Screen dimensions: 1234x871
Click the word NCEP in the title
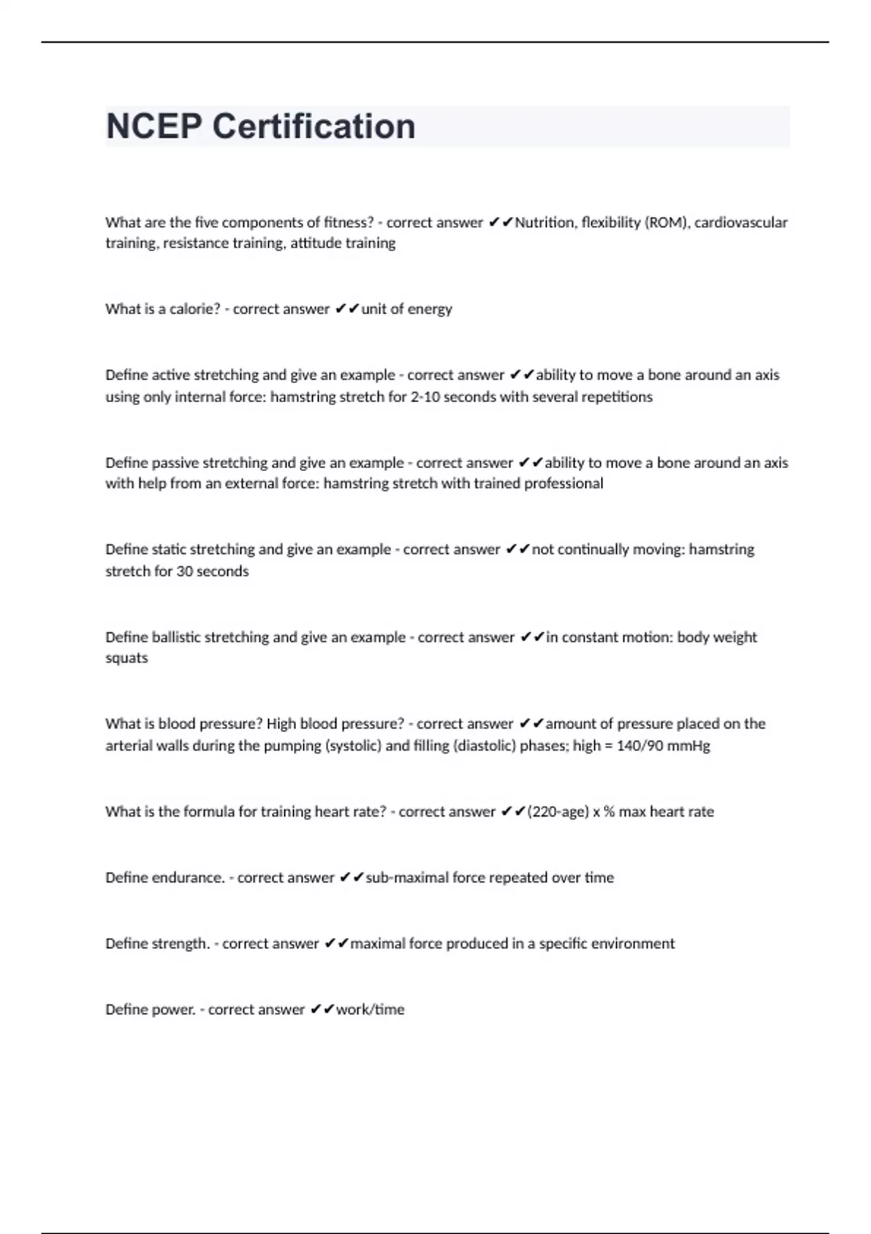click(154, 126)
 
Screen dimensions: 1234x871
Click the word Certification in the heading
click(314, 126)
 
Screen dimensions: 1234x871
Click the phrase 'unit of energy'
click(406, 308)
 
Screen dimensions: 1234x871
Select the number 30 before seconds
click(184, 571)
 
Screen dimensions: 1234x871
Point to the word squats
click(126, 658)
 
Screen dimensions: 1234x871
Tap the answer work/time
click(370, 1009)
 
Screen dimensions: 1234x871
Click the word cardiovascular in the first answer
click(741, 222)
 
